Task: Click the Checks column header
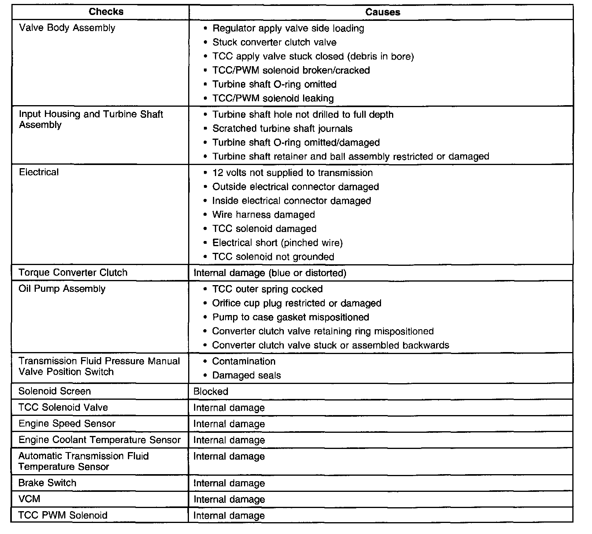[106, 12]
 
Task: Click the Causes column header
[382, 12]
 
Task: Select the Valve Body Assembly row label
[67, 28]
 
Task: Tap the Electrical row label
[39, 172]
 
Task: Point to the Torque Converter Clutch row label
[73, 273]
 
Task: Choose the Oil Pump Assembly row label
[62, 289]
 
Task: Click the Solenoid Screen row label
[54, 391]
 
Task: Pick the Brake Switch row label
[47, 483]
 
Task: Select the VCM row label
[30, 499]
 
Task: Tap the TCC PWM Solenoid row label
[63, 515]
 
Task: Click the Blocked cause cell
[211, 391]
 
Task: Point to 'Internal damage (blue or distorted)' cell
[270, 273]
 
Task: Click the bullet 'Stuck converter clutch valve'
[274, 42]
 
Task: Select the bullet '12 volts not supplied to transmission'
[292, 172]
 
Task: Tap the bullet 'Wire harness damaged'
[263, 215]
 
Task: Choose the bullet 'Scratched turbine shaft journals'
[282, 128]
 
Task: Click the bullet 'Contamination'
[244, 361]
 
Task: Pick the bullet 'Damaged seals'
[246, 375]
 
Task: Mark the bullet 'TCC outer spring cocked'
[267, 289]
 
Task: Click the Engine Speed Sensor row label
[67, 424]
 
